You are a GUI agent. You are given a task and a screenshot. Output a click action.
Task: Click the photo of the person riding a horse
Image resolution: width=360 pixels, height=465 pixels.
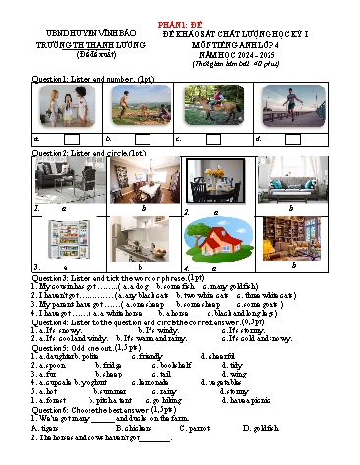tap(213, 106)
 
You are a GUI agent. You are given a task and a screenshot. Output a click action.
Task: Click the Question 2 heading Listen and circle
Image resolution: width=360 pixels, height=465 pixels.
tap(89, 154)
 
